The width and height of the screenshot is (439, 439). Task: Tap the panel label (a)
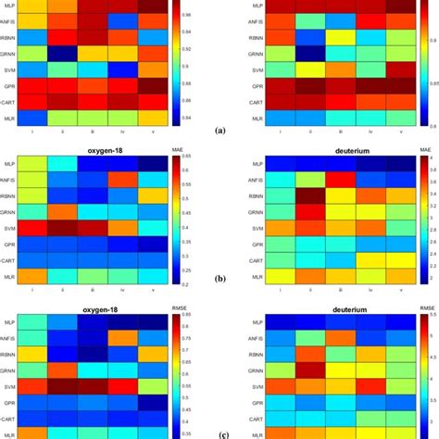[219, 132]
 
